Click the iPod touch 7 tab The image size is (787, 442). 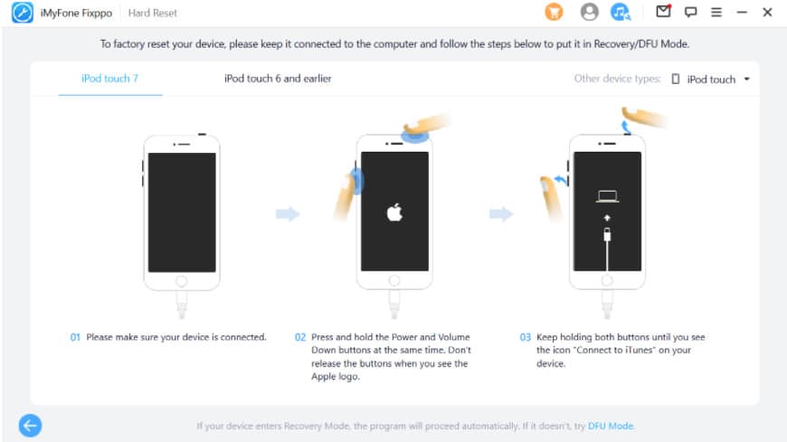coord(110,79)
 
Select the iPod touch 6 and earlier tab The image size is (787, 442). coord(278,79)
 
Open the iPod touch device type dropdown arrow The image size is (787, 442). coord(747,80)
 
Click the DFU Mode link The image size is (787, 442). coord(611,426)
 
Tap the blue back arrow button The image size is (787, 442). coord(30,426)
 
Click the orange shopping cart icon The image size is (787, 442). coord(555,12)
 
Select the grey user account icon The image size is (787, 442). coord(589,12)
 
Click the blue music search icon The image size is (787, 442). coord(621,12)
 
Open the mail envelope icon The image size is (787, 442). coord(664,11)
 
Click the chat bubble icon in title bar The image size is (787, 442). coord(690,12)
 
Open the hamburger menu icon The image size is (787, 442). coord(716,12)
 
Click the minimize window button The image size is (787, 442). coord(742,12)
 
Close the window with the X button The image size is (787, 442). coord(767,12)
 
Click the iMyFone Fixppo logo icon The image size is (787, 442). coord(23,13)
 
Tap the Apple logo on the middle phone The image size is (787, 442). coord(394,212)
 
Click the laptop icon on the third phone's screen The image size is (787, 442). coord(607,196)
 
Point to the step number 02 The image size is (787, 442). coord(300,337)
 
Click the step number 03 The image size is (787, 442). coord(525,337)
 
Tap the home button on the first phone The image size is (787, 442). coord(182,281)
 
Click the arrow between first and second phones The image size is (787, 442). coord(288,214)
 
